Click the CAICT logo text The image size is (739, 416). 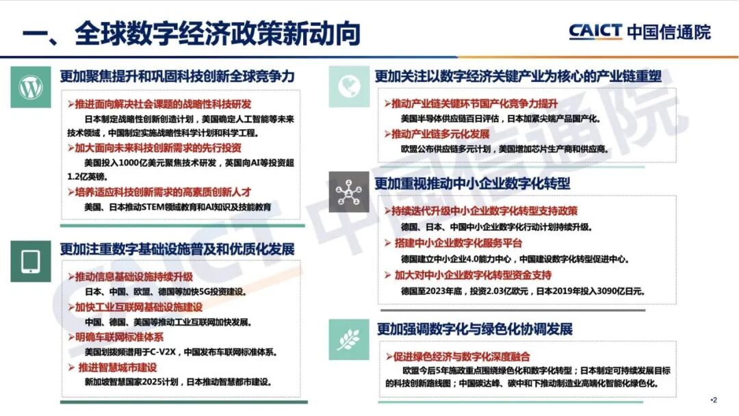595,31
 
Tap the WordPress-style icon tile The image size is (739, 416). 30,87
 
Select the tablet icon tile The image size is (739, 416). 30,261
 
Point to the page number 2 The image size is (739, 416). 714,400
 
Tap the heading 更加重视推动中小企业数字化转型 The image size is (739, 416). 472,183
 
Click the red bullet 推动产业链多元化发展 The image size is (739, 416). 439,133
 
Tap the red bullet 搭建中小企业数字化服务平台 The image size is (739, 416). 458,244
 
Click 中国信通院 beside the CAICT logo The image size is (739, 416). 669,31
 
